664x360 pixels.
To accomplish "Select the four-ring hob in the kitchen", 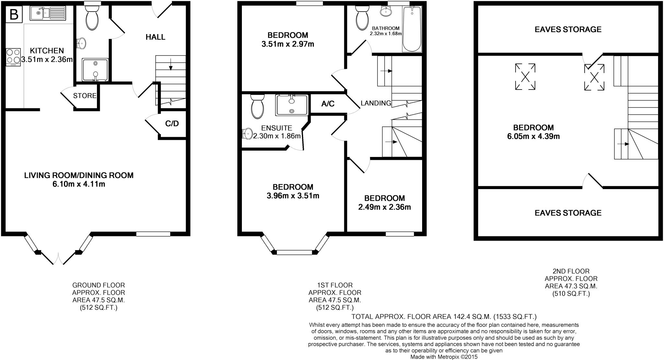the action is [x=13, y=57].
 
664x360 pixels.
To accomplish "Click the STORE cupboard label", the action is [x=85, y=96].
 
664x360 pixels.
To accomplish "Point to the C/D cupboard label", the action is [x=172, y=124].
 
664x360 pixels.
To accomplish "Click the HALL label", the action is [x=155, y=37].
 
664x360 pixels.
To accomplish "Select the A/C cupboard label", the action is [x=328, y=104].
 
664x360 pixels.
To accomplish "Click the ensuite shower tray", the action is [x=292, y=105].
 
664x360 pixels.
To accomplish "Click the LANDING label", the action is [x=376, y=103].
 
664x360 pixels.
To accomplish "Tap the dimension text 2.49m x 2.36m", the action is [x=385, y=207].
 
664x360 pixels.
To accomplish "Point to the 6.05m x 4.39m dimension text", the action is [x=533, y=137].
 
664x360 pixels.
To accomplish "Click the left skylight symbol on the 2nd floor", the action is [x=525, y=77].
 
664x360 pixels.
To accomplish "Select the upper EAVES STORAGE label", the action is [x=568, y=30].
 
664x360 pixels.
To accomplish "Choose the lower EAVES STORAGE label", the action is [x=568, y=213].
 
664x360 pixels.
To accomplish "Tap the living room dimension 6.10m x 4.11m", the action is [x=79, y=184].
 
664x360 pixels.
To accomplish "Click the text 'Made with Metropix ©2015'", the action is [x=444, y=357].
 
